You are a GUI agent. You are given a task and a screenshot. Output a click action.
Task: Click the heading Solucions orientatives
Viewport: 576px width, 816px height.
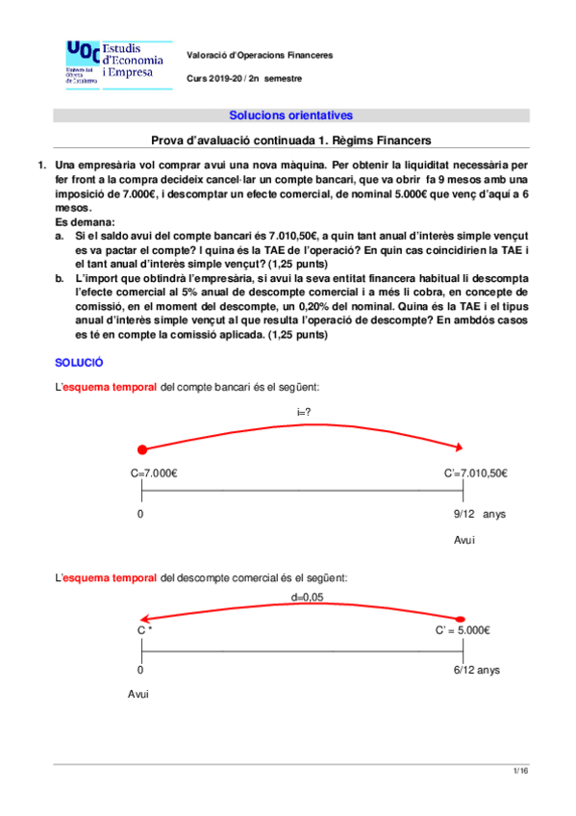coord(290,115)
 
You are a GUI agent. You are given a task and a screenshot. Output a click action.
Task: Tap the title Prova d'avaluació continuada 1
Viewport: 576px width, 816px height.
coord(291,140)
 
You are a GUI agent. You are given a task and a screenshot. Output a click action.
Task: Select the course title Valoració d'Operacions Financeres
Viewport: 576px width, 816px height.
coord(260,55)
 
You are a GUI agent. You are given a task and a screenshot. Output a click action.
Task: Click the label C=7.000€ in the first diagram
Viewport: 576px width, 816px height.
coord(158,472)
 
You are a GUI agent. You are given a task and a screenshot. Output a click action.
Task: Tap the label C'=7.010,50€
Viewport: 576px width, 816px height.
coord(476,472)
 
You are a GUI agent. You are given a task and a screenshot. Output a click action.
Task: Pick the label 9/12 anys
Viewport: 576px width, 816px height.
coord(479,515)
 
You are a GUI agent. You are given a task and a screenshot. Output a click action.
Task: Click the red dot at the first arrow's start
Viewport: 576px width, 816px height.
coord(142,448)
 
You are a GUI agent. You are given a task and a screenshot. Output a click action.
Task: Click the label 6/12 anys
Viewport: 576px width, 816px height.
coord(475,670)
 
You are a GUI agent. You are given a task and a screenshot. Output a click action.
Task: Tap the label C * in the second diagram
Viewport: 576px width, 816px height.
coord(145,631)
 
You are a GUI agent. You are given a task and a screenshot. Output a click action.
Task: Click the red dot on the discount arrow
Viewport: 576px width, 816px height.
coord(463,618)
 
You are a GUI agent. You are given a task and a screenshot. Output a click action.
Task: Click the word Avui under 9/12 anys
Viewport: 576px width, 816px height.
coord(464,541)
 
